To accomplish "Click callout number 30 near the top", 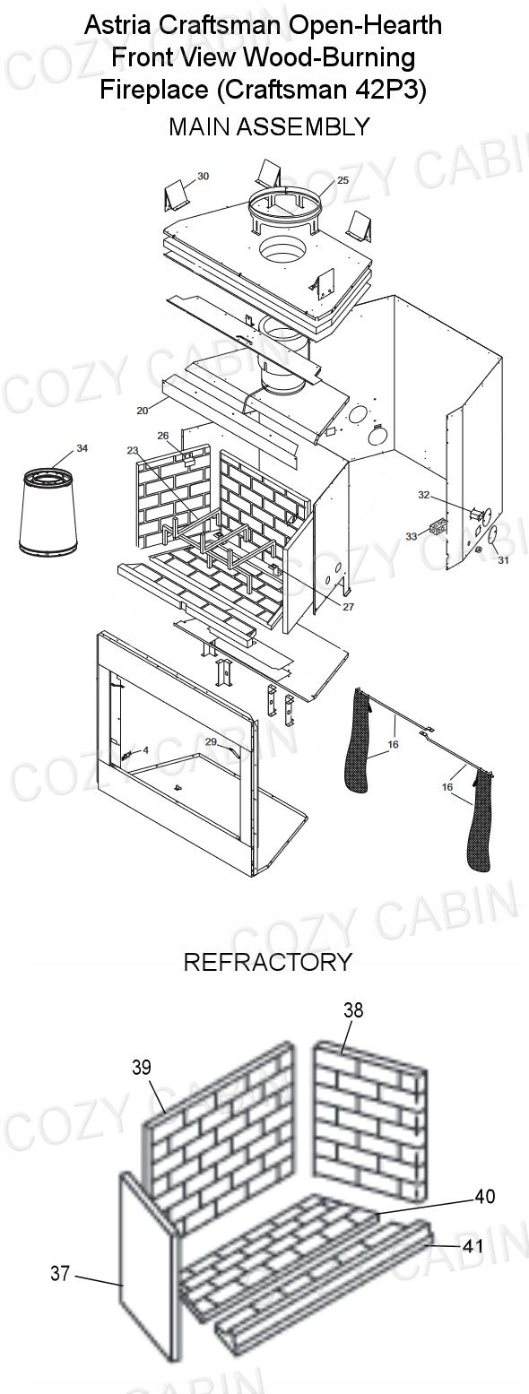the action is [203, 176].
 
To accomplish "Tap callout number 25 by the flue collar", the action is [343, 180].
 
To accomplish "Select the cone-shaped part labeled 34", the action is [48, 512].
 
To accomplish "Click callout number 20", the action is [143, 410].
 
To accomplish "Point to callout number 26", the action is [163, 436].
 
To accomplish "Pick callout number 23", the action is [132, 451].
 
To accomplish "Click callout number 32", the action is [424, 495].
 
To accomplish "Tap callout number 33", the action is [412, 536].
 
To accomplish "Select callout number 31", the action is [504, 560].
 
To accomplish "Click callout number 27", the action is [348, 607].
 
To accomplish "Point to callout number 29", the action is [211, 741].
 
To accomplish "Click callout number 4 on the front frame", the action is [145, 750].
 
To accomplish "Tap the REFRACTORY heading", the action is [267, 962].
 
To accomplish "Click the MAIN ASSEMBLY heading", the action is [270, 127].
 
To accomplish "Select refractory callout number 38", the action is [353, 1009].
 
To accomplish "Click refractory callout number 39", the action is [142, 1067].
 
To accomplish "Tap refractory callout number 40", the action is [485, 1196].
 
